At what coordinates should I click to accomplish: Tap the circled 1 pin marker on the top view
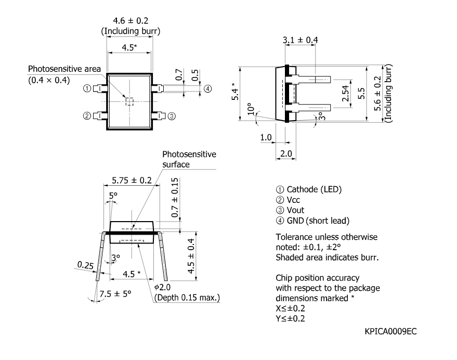point(87,89)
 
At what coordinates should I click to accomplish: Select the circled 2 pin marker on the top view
point(87,115)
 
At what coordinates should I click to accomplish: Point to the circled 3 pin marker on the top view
point(172,115)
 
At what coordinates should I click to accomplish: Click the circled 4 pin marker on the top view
point(207,89)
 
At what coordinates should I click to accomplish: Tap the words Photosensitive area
point(63,69)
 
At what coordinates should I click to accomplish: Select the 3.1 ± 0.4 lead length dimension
point(300,40)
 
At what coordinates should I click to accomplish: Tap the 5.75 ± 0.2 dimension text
point(132,181)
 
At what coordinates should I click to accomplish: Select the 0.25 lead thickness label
point(85,265)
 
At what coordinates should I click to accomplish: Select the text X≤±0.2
point(291,308)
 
